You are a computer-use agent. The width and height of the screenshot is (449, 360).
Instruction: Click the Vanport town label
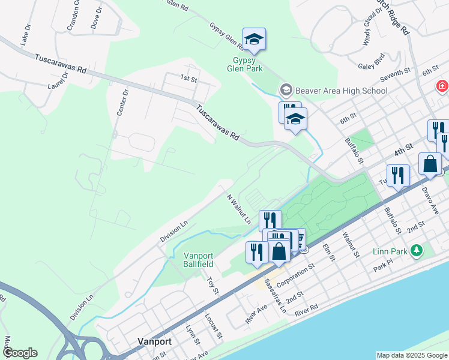[x=154, y=341]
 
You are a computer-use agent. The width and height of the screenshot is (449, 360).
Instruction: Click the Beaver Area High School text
[x=341, y=91]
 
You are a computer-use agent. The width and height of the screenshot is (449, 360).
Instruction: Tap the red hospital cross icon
[x=443, y=86]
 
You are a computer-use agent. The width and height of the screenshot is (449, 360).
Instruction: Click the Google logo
[x=20, y=353]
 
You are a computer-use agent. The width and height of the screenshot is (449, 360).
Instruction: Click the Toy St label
[x=211, y=285]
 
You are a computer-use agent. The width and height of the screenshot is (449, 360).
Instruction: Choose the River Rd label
[x=306, y=309]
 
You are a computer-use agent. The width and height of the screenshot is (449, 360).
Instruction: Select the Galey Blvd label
[x=370, y=61]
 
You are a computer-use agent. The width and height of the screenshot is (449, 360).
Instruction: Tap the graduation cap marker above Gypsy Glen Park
[x=254, y=39]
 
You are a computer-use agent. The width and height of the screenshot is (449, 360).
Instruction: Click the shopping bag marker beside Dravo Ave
[x=430, y=163]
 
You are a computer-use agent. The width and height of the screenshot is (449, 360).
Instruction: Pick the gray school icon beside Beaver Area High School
[x=286, y=91]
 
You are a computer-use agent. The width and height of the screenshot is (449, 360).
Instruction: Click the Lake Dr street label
[x=26, y=35]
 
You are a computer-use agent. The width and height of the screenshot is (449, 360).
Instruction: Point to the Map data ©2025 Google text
[x=411, y=355]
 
